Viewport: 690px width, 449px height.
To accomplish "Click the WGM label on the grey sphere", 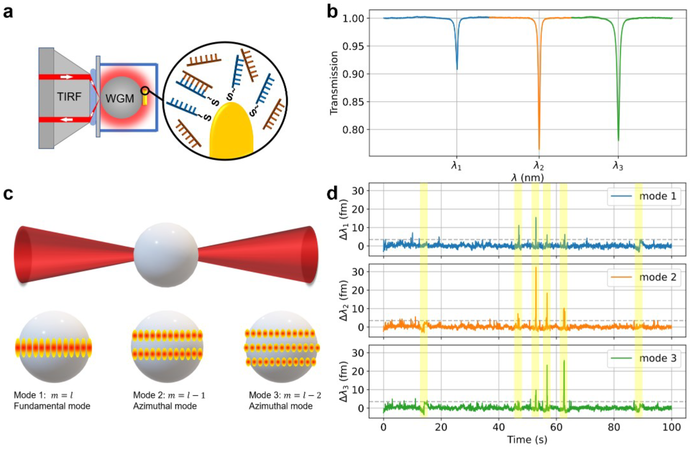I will click(x=120, y=99).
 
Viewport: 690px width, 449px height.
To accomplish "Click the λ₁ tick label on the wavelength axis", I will click(x=456, y=166).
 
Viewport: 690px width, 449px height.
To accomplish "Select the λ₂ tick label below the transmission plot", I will click(x=539, y=166).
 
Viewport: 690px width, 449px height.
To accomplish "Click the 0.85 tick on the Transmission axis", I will click(x=353, y=102).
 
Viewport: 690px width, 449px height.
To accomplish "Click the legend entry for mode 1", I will click(x=644, y=196).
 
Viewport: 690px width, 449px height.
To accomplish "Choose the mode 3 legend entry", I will click(x=644, y=358).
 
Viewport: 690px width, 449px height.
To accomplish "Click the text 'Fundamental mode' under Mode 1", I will click(x=52, y=406).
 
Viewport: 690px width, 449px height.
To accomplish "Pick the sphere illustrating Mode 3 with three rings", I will click(x=282, y=347).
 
